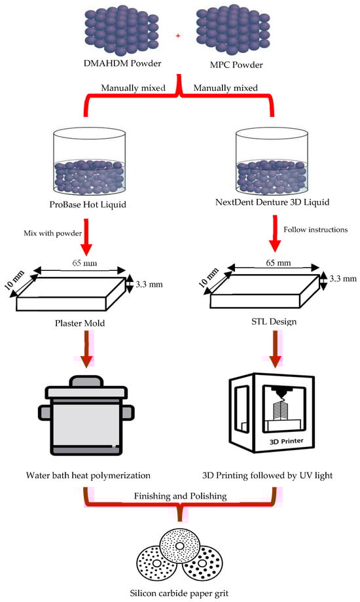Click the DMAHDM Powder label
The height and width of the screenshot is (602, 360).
[122, 63]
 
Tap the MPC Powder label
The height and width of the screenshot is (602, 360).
[236, 65]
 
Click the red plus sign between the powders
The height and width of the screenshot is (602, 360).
[178, 36]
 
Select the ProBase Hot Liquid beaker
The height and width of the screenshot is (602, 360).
[90, 160]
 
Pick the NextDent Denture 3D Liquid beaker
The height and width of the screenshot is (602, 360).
[272, 160]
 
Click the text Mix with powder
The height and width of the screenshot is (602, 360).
[53, 233]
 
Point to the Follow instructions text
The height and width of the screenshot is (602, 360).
[315, 230]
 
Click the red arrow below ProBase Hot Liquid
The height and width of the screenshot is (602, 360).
[86, 237]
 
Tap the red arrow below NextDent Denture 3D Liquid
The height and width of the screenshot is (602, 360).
[275, 233]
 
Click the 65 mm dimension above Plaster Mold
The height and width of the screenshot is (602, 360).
[84, 263]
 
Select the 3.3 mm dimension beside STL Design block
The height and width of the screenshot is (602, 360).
[343, 278]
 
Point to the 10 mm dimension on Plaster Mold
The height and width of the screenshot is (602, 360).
[15, 280]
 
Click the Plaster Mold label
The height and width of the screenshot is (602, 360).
[80, 323]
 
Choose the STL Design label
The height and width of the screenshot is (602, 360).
[274, 321]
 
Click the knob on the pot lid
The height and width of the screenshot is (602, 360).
[86, 381]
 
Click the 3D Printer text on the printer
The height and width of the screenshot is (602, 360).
[287, 441]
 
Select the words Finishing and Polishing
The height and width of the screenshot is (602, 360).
[180, 496]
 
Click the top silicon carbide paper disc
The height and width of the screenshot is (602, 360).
[180, 546]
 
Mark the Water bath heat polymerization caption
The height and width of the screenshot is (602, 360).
[88, 476]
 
